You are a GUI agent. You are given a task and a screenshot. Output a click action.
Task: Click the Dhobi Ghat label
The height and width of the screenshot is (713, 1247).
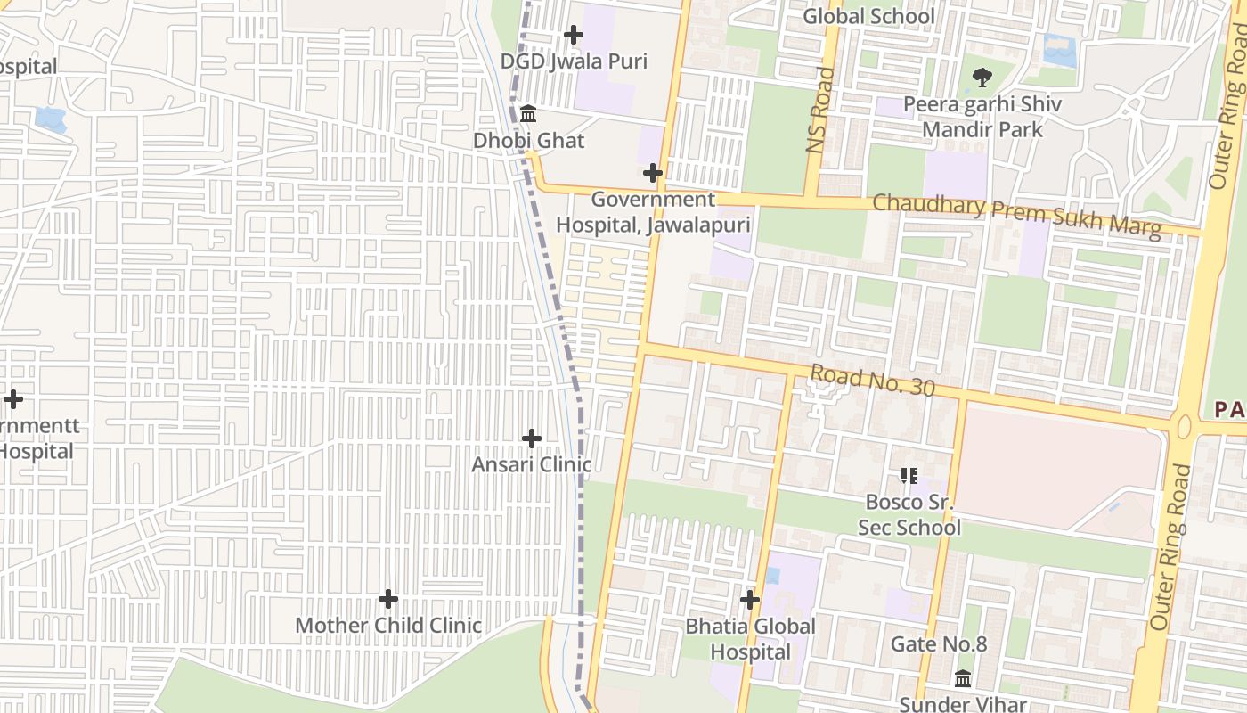(528, 141)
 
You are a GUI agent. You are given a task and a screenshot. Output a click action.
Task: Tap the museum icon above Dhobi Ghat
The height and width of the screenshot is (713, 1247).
(528, 113)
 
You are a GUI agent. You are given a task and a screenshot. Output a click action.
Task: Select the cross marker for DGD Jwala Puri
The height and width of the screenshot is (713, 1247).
(574, 35)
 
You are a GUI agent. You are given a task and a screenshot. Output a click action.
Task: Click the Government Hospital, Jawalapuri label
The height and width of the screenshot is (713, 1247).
(653, 212)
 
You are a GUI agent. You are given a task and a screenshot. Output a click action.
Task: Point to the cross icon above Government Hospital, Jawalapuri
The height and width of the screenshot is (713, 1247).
(653, 172)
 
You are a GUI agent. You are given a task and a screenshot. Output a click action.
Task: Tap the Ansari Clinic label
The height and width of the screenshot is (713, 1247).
(531, 465)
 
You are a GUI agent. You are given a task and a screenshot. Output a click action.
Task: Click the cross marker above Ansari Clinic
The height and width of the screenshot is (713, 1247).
(532, 438)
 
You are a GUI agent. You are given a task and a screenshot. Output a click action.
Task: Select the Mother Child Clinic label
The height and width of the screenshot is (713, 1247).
(388, 626)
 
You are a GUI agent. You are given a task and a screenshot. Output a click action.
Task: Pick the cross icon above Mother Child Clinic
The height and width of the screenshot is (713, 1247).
(388, 598)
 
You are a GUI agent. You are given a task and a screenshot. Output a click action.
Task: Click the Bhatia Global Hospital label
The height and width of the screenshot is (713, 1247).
(750, 639)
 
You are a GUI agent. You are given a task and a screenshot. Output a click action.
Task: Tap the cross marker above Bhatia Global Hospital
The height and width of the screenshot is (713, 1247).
(750, 599)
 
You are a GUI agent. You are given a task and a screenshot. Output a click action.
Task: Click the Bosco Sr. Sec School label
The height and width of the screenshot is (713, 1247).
(909, 514)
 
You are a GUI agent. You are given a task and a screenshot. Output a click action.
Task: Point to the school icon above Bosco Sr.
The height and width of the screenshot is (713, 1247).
(909, 475)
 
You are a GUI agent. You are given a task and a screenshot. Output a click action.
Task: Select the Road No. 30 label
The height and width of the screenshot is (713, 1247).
(872, 381)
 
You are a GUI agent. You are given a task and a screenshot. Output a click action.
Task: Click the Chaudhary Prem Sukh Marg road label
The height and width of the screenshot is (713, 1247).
(1016, 215)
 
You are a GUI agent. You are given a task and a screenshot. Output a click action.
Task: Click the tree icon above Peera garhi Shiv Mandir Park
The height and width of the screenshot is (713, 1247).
(982, 78)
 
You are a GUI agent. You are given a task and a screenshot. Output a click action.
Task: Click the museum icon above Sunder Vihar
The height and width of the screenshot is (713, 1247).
(963, 678)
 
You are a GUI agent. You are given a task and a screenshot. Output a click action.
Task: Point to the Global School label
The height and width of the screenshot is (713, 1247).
(868, 16)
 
